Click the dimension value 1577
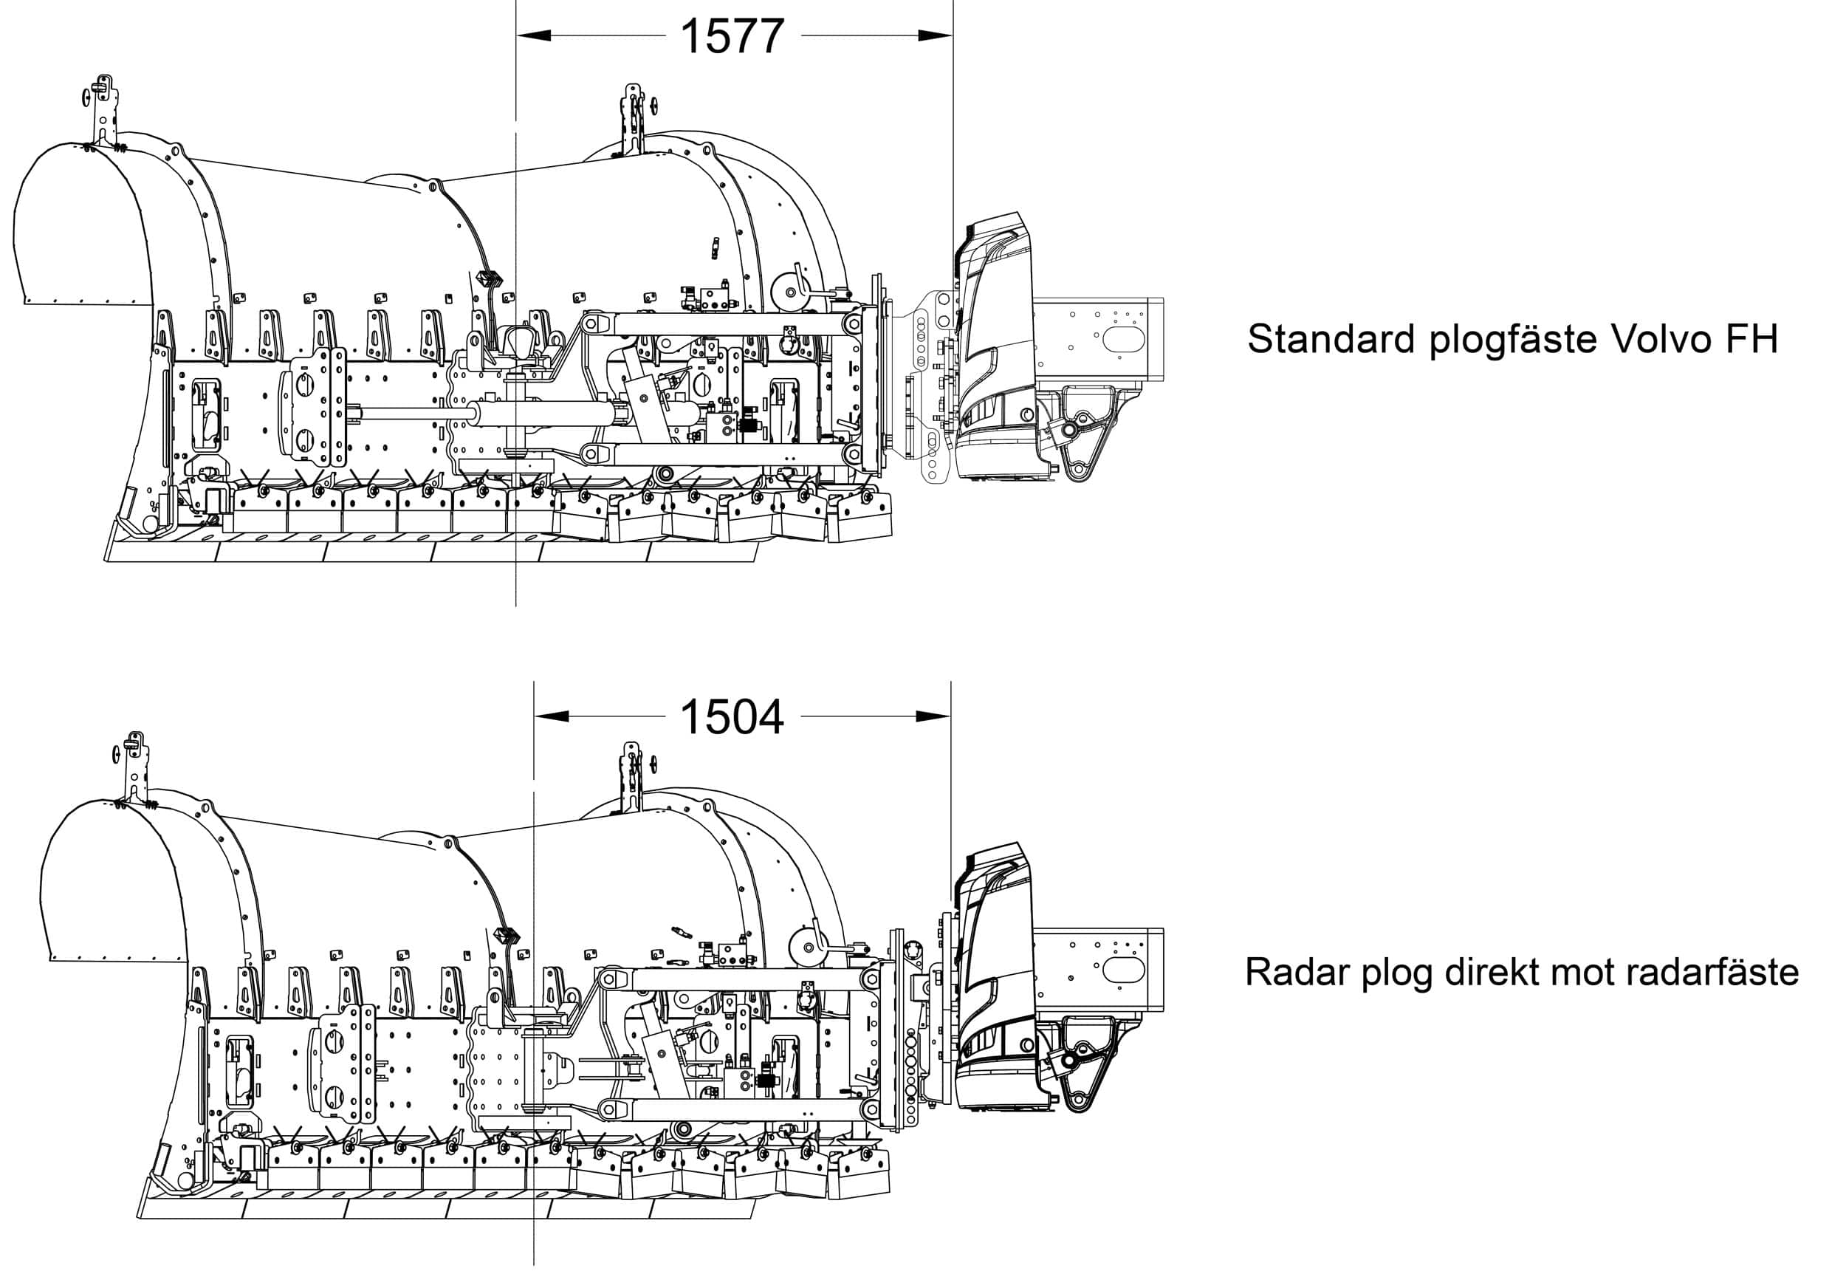(x=732, y=37)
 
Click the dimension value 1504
(x=732, y=717)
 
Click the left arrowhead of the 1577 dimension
(x=534, y=35)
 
